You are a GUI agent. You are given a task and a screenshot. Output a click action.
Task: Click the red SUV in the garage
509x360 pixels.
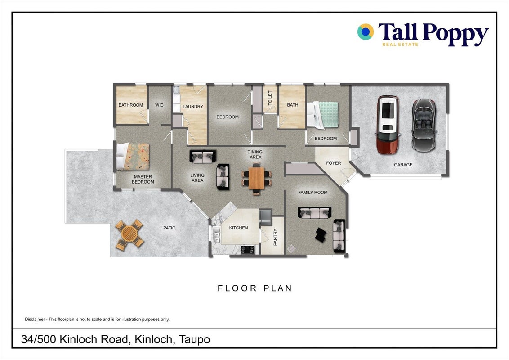tap(388, 125)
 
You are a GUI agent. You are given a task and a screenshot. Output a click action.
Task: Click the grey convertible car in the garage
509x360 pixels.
tap(424, 125)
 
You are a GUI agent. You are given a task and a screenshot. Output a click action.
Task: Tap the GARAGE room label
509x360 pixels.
tap(403, 165)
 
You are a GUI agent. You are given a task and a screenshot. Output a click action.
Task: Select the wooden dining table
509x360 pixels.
tap(257, 178)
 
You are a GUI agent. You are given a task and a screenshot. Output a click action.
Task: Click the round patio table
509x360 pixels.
tap(129, 234)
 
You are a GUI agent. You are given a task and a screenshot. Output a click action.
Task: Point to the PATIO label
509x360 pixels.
tap(170, 228)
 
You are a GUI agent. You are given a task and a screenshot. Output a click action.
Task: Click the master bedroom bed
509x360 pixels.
tap(133, 157)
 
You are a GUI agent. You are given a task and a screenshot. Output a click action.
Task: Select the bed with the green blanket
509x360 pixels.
tap(323, 115)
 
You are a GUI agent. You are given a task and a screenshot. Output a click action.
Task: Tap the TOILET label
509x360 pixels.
tap(270, 98)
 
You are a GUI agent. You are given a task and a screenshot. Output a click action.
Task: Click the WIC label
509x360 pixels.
tap(159, 105)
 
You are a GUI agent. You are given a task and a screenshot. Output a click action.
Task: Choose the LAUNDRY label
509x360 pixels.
tap(193, 107)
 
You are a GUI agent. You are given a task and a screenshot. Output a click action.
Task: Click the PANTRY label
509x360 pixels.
tap(275, 237)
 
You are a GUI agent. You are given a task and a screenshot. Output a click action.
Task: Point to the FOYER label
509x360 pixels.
tap(334, 163)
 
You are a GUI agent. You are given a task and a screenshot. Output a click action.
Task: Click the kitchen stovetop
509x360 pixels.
tap(247, 250)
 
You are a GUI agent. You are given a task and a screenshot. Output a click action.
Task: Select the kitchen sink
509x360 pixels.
tap(216, 235)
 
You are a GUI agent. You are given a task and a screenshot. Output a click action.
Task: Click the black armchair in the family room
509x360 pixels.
tap(321, 234)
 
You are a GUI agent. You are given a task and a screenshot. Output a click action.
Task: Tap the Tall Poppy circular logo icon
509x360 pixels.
tap(366, 32)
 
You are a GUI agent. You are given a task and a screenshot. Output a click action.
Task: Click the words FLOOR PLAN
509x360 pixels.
tap(255, 288)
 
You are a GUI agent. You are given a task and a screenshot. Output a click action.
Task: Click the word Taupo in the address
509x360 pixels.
tap(194, 340)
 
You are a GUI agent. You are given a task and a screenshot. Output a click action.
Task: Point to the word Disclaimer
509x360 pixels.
tap(35, 319)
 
